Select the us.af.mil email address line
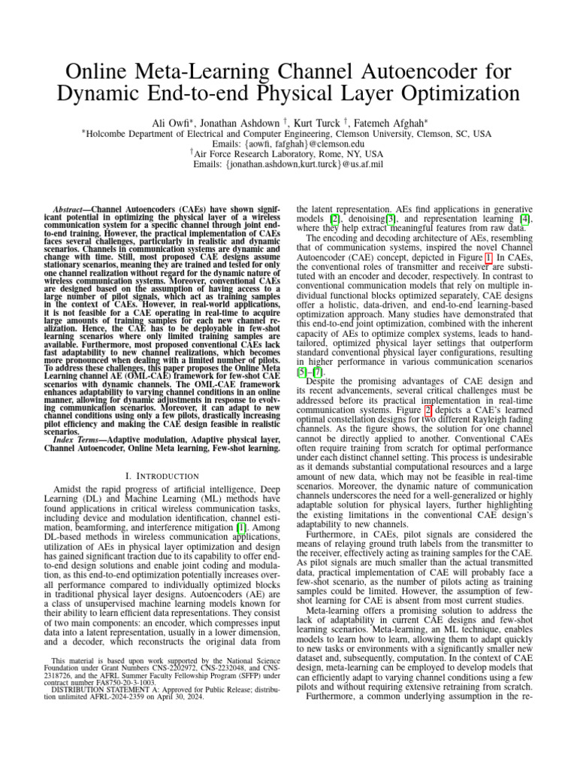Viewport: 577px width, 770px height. coord(288,164)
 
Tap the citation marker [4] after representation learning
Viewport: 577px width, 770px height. coord(527,218)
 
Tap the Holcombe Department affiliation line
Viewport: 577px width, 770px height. coord(288,133)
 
